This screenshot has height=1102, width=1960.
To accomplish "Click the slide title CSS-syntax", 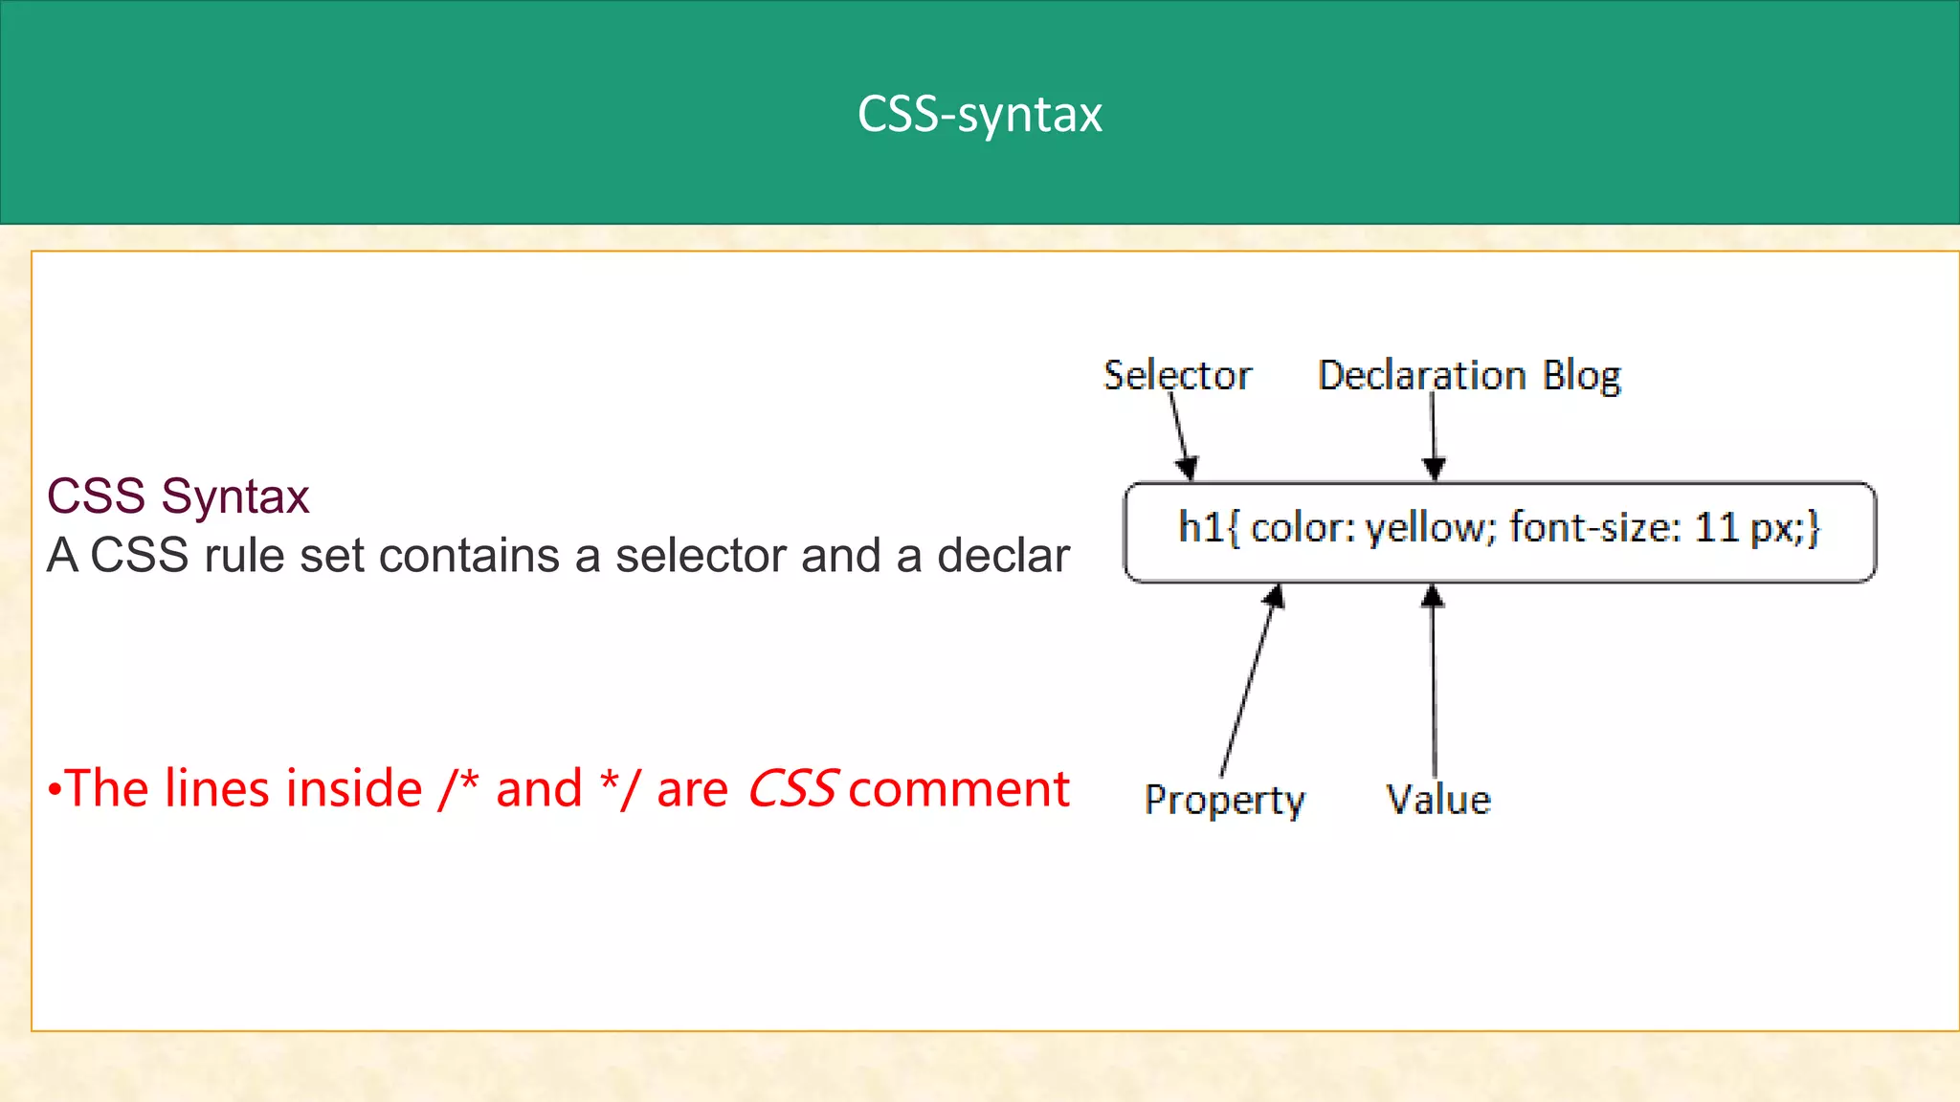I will pyautogui.click(x=979, y=114).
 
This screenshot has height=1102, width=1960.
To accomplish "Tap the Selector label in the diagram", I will pyautogui.click(x=1177, y=375).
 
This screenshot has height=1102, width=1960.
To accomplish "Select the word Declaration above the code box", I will pyautogui.click(x=1421, y=375).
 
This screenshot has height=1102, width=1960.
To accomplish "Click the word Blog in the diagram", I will pyautogui.click(x=1582, y=376).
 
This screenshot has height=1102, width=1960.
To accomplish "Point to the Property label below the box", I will pyautogui.click(x=1224, y=800).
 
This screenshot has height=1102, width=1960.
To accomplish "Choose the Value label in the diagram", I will pyautogui.click(x=1438, y=800).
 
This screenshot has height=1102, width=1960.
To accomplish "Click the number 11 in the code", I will pyautogui.click(x=1716, y=527).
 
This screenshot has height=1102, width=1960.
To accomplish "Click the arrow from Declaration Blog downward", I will pyautogui.click(x=1433, y=435).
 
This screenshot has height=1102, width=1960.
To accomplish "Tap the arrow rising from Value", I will pyautogui.click(x=1433, y=679).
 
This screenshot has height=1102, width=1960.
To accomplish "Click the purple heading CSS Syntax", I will pyautogui.click(x=178, y=496).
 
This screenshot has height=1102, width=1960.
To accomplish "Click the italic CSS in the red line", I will pyautogui.click(x=792, y=788).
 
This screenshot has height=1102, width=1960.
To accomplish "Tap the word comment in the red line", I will pyautogui.click(x=958, y=788).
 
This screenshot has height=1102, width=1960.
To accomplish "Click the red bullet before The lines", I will pyautogui.click(x=55, y=790).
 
